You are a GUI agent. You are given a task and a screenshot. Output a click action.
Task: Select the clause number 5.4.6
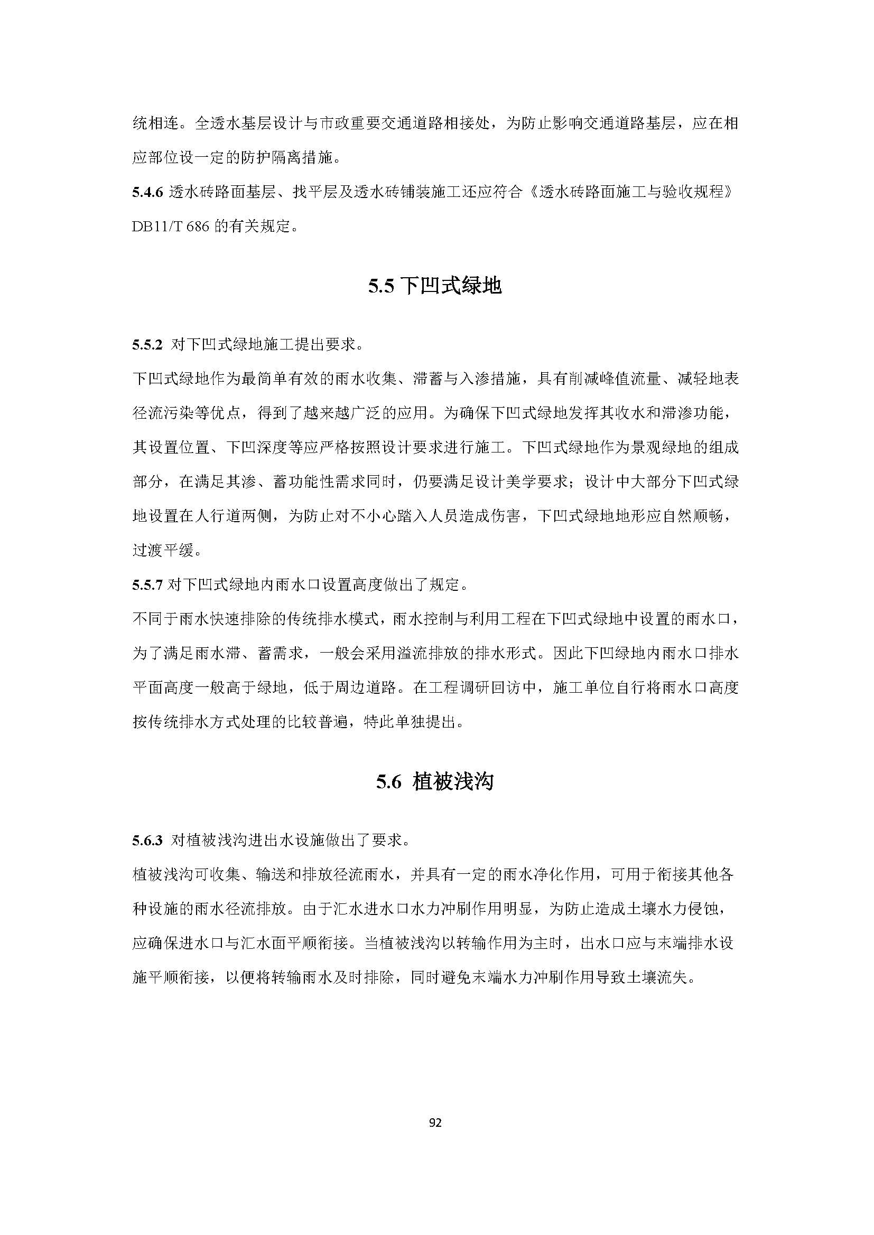click(x=147, y=193)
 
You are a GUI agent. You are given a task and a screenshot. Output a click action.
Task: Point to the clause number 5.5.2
click(x=147, y=345)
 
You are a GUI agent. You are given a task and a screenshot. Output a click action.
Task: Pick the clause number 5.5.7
click(x=147, y=585)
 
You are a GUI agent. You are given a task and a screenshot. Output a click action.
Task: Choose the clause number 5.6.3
click(x=147, y=840)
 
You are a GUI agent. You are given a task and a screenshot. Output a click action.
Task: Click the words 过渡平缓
click(x=163, y=551)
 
